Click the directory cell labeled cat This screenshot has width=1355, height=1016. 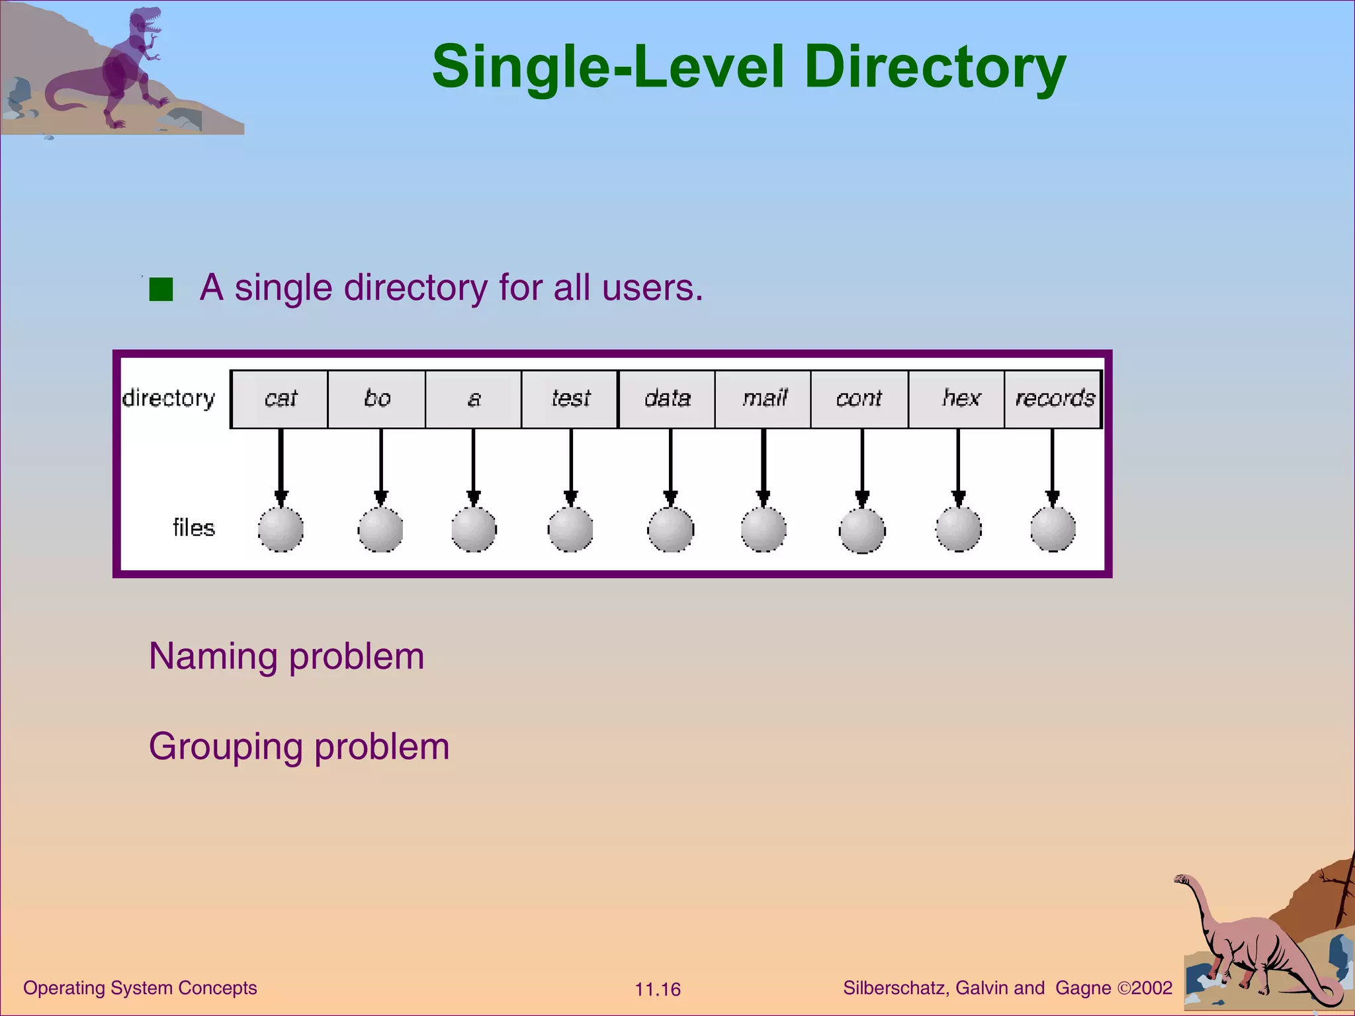280,399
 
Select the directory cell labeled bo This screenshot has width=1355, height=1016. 376,399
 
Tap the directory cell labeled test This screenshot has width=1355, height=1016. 570,399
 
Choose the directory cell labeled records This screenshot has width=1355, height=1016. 1053,399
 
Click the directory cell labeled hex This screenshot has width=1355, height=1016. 957,399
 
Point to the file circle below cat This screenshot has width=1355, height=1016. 281,529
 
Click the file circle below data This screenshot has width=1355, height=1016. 670,530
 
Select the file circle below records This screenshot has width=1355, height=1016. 1053,529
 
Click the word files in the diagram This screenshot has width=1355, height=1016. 194,528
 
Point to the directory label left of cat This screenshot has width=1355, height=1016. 169,398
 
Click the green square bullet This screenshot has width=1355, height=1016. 161,289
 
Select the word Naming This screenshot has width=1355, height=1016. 213,656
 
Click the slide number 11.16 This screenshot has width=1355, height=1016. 657,990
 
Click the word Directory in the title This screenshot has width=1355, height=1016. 934,67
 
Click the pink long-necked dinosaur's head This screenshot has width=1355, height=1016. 1182,880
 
